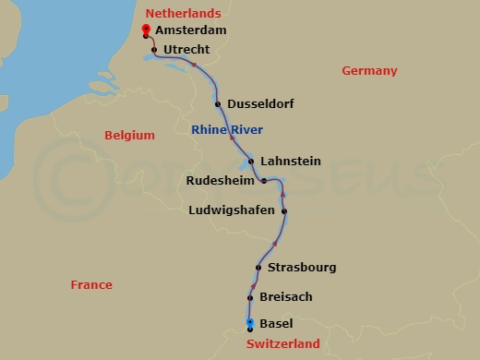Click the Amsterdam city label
pyautogui.click(x=191, y=30)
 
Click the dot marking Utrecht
pyautogui.click(x=153, y=49)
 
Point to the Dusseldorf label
pyautogui.click(x=260, y=104)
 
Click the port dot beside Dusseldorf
pyautogui.click(x=218, y=104)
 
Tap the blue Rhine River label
pyautogui.click(x=226, y=130)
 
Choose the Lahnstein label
pyautogui.click(x=291, y=162)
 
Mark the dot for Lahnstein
pyautogui.click(x=251, y=162)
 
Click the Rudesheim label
pyautogui.click(x=221, y=181)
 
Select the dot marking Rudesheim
pyautogui.click(x=264, y=181)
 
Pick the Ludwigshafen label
pyautogui.click(x=231, y=210)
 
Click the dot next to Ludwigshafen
pyautogui.click(x=284, y=211)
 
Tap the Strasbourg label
pyautogui.click(x=302, y=268)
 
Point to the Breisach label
pyautogui.click(x=287, y=297)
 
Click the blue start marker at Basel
pyautogui.click(x=250, y=323)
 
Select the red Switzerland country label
pyautogui.click(x=283, y=344)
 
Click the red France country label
pyautogui.click(x=91, y=285)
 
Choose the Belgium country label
pyautogui.click(x=129, y=135)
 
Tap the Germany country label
pyautogui.click(x=369, y=71)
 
